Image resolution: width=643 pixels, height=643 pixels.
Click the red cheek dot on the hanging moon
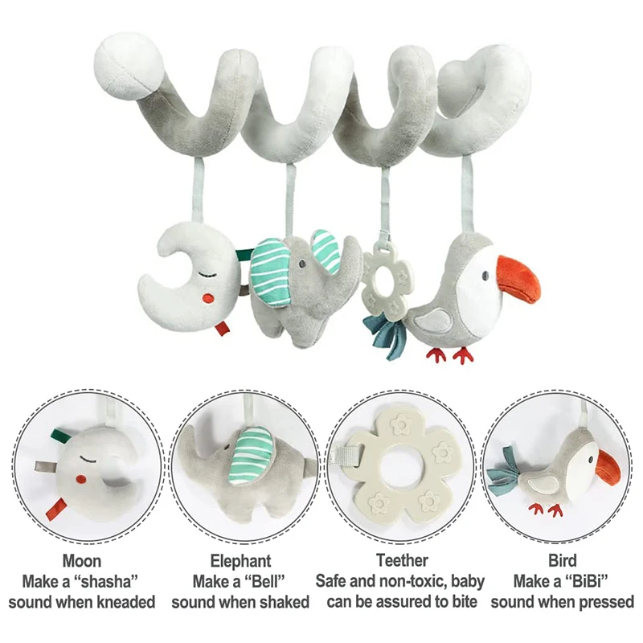click(208, 298)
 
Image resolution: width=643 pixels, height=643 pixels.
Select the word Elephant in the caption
click(240, 560)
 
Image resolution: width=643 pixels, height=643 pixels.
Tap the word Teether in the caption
click(402, 560)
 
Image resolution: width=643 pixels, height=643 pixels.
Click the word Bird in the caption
click(563, 560)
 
